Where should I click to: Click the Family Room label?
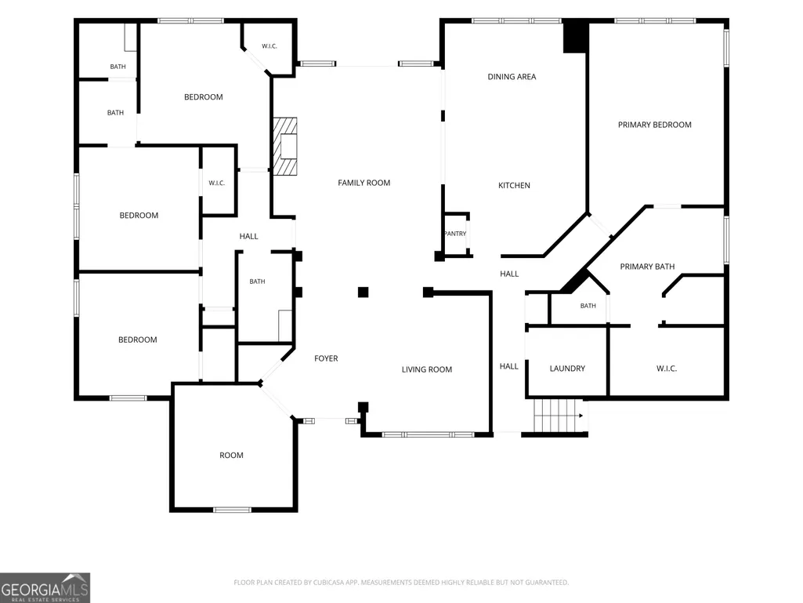coord(364,183)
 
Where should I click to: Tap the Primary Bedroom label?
coord(654,125)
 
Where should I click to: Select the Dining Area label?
coord(512,77)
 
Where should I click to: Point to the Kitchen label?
coord(514,186)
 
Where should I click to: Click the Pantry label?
coord(455,234)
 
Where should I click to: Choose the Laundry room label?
coord(567,369)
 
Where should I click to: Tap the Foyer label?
coord(326,358)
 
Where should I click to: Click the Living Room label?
coord(427,369)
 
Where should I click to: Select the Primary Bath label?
coord(647,267)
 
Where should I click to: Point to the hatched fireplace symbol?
coord(284,147)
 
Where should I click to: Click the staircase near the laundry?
coord(559,416)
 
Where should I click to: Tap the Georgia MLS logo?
coord(45,587)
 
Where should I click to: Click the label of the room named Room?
coord(231,456)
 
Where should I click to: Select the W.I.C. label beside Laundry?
coord(666,369)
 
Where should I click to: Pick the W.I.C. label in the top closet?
coord(269,46)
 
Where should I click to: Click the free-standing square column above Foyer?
coord(363,292)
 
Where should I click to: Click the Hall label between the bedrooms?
coord(249,236)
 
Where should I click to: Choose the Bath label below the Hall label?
coord(257,282)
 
